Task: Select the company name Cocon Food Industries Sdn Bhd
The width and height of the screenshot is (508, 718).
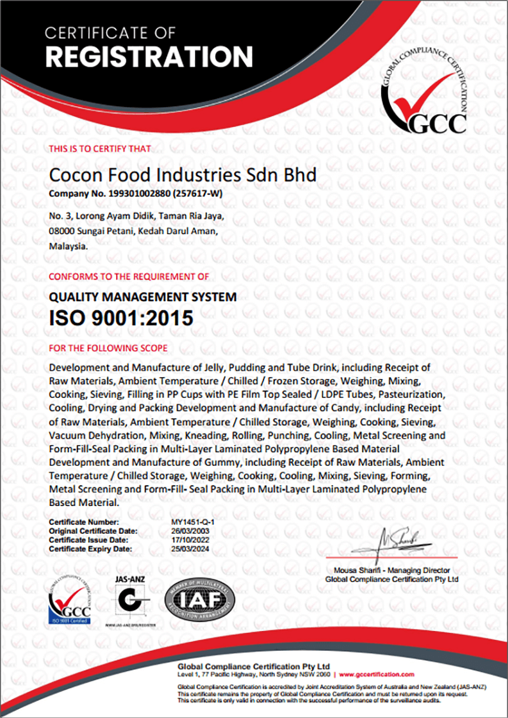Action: point(182,175)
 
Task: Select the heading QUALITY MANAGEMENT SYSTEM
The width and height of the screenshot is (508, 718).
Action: point(143,296)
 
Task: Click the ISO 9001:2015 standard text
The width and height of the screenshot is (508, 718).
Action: point(121,317)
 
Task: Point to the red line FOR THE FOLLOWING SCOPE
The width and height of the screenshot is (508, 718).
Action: point(108,348)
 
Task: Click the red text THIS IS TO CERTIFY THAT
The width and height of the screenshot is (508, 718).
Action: point(100,149)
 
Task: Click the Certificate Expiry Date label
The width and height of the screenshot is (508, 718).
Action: point(90,548)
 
